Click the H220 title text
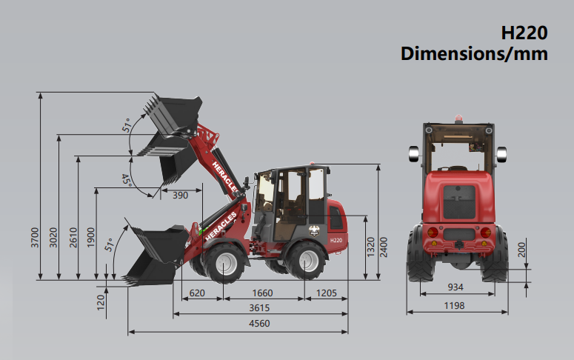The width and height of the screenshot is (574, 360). tap(524, 33)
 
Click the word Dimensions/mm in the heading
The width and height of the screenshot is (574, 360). tap(474, 53)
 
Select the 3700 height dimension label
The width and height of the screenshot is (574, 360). tap(35, 237)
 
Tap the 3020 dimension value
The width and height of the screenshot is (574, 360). tap(53, 237)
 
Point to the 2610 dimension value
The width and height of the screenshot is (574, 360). tap(73, 237)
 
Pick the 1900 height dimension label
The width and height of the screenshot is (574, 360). tap(91, 237)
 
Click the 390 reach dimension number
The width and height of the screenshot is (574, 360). tap(180, 196)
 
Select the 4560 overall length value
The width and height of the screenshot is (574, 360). tap(259, 324)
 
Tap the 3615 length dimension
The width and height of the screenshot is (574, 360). tap(259, 307)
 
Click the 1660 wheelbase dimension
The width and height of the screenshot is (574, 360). tap(262, 293)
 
